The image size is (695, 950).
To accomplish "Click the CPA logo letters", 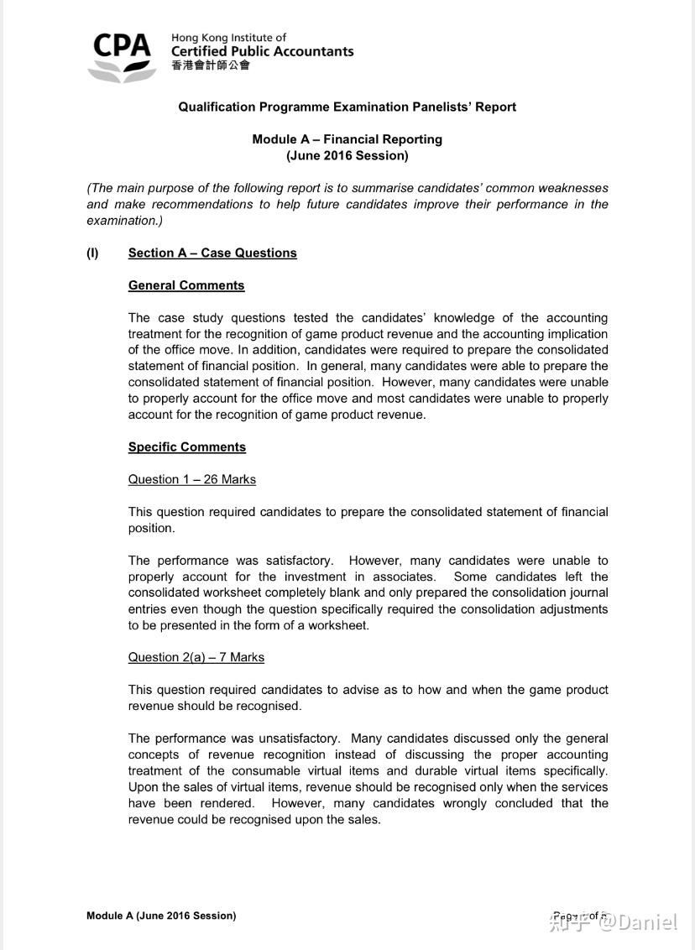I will pyautogui.click(x=122, y=45).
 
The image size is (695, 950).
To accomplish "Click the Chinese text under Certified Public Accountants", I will pyautogui.click(x=210, y=65).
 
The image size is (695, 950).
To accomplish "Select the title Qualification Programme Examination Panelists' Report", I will pyautogui.click(x=347, y=107).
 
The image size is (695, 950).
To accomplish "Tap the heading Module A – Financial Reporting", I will pyautogui.click(x=347, y=139).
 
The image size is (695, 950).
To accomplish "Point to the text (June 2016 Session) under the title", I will pyautogui.click(x=347, y=155).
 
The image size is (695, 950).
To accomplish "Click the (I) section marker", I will pyautogui.click(x=92, y=253).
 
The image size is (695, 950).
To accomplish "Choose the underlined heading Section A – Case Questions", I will pyautogui.click(x=212, y=253).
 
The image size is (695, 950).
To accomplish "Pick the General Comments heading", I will pyautogui.click(x=186, y=285).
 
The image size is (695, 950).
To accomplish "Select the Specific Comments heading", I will pyautogui.click(x=187, y=447).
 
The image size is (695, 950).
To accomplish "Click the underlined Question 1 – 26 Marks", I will pyautogui.click(x=192, y=479).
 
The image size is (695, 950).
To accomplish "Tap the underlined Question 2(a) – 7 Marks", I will pyautogui.click(x=196, y=657).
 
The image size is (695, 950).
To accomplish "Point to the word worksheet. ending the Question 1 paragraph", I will pyautogui.click(x=340, y=625).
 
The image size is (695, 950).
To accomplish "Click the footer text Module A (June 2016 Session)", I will pyautogui.click(x=161, y=916).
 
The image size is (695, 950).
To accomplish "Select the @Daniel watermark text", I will pyautogui.click(x=635, y=921).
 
